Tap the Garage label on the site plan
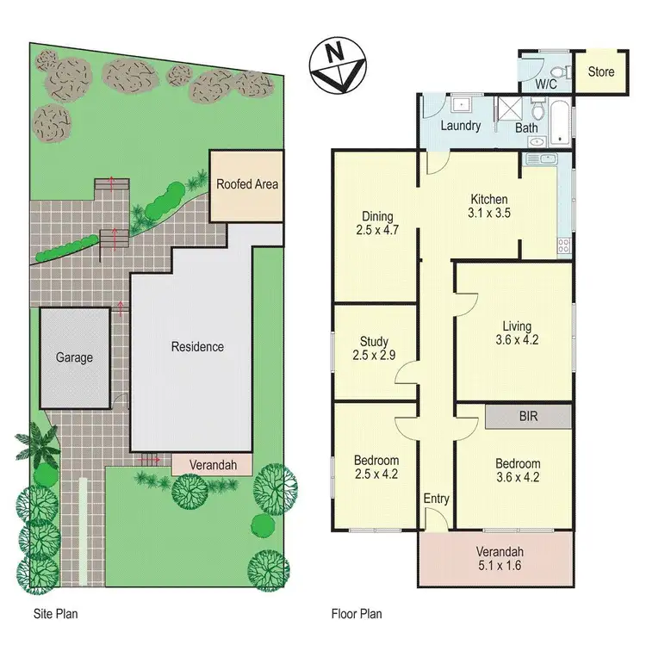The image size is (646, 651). (x=74, y=357)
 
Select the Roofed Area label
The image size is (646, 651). (x=247, y=184)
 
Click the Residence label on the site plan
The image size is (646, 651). (x=197, y=347)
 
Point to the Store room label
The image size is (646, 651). (x=601, y=71)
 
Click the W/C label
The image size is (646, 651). (x=546, y=84)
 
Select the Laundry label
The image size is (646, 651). (x=460, y=127)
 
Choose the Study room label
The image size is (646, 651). (x=375, y=341)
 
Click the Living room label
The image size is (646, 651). (x=518, y=325)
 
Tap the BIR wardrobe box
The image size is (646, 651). (x=528, y=416)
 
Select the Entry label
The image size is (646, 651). (x=436, y=499)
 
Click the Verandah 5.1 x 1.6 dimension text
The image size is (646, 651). (x=500, y=567)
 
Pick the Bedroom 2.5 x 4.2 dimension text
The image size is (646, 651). (x=375, y=474)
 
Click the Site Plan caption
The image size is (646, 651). (x=53, y=614)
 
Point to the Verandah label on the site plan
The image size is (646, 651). (x=213, y=465)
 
